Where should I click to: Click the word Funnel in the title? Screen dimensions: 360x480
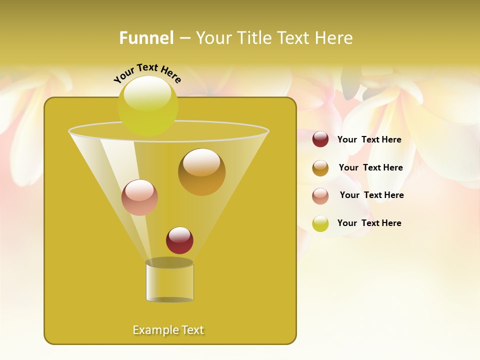[x=146, y=38]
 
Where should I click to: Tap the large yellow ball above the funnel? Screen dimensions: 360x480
[x=147, y=105]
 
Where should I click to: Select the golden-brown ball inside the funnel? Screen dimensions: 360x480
[x=201, y=172]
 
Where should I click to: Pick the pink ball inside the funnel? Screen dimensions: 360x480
[x=139, y=197]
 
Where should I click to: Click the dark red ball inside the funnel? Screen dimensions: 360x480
[x=179, y=240]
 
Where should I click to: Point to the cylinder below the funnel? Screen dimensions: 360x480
[x=169, y=282]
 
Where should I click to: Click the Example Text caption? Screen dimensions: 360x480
[x=168, y=330]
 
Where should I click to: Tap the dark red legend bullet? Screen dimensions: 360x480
[x=320, y=139]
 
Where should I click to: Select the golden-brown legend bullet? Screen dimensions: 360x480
[x=320, y=168]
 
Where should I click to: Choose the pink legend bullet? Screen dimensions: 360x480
[x=320, y=195]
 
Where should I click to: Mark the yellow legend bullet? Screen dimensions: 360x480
[x=320, y=223]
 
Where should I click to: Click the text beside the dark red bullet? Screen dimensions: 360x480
[x=369, y=139]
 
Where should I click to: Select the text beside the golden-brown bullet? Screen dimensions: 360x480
[x=370, y=167]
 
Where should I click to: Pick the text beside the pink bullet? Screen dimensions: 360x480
[x=371, y=195]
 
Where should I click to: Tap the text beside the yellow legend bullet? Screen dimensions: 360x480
[x=369, y=223]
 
